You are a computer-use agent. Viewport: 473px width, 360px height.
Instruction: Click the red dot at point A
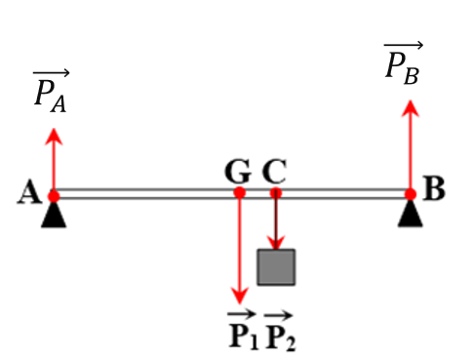[54, 196]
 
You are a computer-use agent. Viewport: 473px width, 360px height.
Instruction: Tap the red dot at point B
[411, 194]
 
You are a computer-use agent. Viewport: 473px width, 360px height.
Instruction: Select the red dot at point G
[240, 192]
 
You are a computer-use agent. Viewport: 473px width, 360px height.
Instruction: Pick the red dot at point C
[276, 193]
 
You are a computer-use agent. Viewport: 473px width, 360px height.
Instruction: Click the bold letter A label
[29, 192]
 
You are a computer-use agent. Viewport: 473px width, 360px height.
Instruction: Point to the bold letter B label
[434, 188]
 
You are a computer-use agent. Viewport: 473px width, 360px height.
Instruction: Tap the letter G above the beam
[238, 172]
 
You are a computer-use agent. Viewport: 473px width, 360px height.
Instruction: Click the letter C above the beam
[274, 172]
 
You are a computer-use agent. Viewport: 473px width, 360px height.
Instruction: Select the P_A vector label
[51, 91]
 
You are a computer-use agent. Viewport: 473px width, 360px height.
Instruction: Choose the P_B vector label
[403, 63]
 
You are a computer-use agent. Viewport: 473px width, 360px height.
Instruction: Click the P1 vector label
[243, 330]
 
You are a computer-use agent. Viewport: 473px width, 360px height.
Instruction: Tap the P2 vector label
[280, 331]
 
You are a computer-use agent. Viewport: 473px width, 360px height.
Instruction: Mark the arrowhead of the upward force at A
[54, 137]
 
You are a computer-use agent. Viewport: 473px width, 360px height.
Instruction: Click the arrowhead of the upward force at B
[411, 108]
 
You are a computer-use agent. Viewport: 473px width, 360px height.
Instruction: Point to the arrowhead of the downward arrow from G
[240, 296]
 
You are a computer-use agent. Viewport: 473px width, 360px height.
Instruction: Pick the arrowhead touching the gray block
[276, 243]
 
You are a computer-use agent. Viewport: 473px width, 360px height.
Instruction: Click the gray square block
[276, 267]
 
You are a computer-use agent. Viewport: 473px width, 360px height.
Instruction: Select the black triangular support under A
[54, 216]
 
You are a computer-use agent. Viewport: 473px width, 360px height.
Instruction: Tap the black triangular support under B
[411, 214]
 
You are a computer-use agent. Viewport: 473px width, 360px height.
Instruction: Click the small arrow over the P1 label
[242, 314]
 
